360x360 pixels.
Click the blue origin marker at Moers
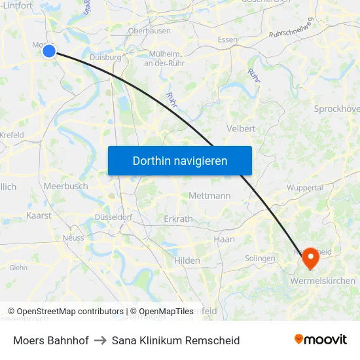(49, 50)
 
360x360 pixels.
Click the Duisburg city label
(105, 58)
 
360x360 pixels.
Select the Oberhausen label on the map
(149, 31)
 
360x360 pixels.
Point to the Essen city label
(228, 40)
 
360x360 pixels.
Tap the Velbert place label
(240, 129)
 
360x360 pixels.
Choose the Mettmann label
(209, 196)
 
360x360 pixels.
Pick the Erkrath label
(178, 219)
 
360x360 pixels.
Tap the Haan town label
(224, 240)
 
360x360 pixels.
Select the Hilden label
(187, 261)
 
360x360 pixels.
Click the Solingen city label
(260, 259)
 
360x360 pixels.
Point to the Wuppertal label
(304, 188)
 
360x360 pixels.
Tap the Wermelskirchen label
(322, 281)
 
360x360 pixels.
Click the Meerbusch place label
(65, 187)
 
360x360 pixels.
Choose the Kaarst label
(39, 215)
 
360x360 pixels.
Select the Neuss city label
(73, 238)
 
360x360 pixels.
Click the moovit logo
(321, 340)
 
